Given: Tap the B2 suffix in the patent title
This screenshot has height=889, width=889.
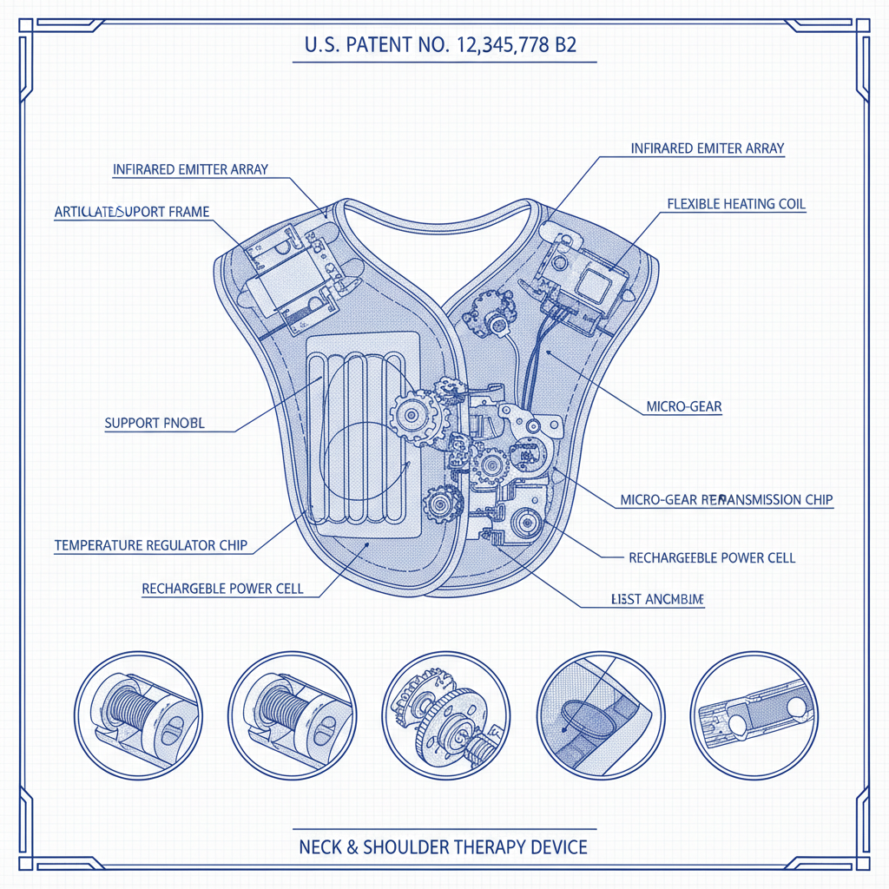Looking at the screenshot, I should (564, 46).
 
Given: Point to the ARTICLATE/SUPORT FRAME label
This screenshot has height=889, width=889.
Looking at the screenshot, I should (131, 211).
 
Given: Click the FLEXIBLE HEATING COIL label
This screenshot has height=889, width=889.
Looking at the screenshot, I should (736, 204).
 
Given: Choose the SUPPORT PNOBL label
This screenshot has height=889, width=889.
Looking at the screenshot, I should (155, 424).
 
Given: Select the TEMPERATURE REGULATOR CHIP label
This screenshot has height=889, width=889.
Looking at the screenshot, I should (151, 545).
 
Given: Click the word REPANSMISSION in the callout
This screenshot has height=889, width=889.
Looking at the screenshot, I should (741, 500).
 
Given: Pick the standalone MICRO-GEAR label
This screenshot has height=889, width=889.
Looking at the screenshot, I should (684, 406).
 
